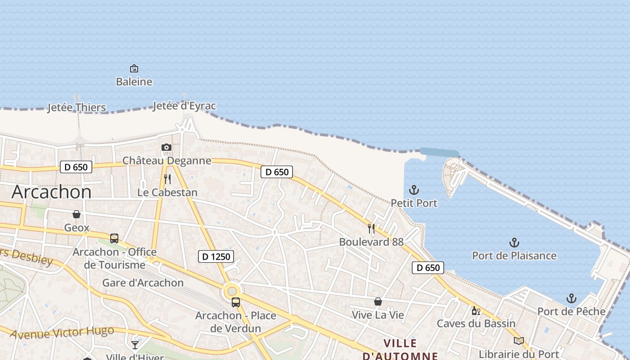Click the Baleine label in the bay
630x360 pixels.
point(134,82)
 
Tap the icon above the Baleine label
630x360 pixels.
point(134,68)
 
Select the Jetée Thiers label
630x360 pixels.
point(76,108)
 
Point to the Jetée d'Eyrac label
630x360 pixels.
point(184,106)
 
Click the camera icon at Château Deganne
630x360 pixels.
point(166,147)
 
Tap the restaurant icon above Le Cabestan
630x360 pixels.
point(167,179)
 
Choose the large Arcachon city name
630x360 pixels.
point(51,192)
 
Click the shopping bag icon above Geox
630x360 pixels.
point(76,214)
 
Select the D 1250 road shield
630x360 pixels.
point(216,256)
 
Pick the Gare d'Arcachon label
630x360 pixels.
point(143,283)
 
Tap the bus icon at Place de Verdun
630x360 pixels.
point(236,302)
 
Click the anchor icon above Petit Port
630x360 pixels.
point(414,190)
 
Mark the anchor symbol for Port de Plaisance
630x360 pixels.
point(514,243)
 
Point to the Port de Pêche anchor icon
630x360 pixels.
point(571,298)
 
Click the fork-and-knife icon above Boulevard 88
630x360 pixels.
point(371,229)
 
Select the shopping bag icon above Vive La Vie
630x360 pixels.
point(378,301)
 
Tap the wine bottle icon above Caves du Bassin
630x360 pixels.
point(476,310)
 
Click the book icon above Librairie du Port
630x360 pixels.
point(519,341)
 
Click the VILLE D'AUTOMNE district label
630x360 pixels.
point(400,350)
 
